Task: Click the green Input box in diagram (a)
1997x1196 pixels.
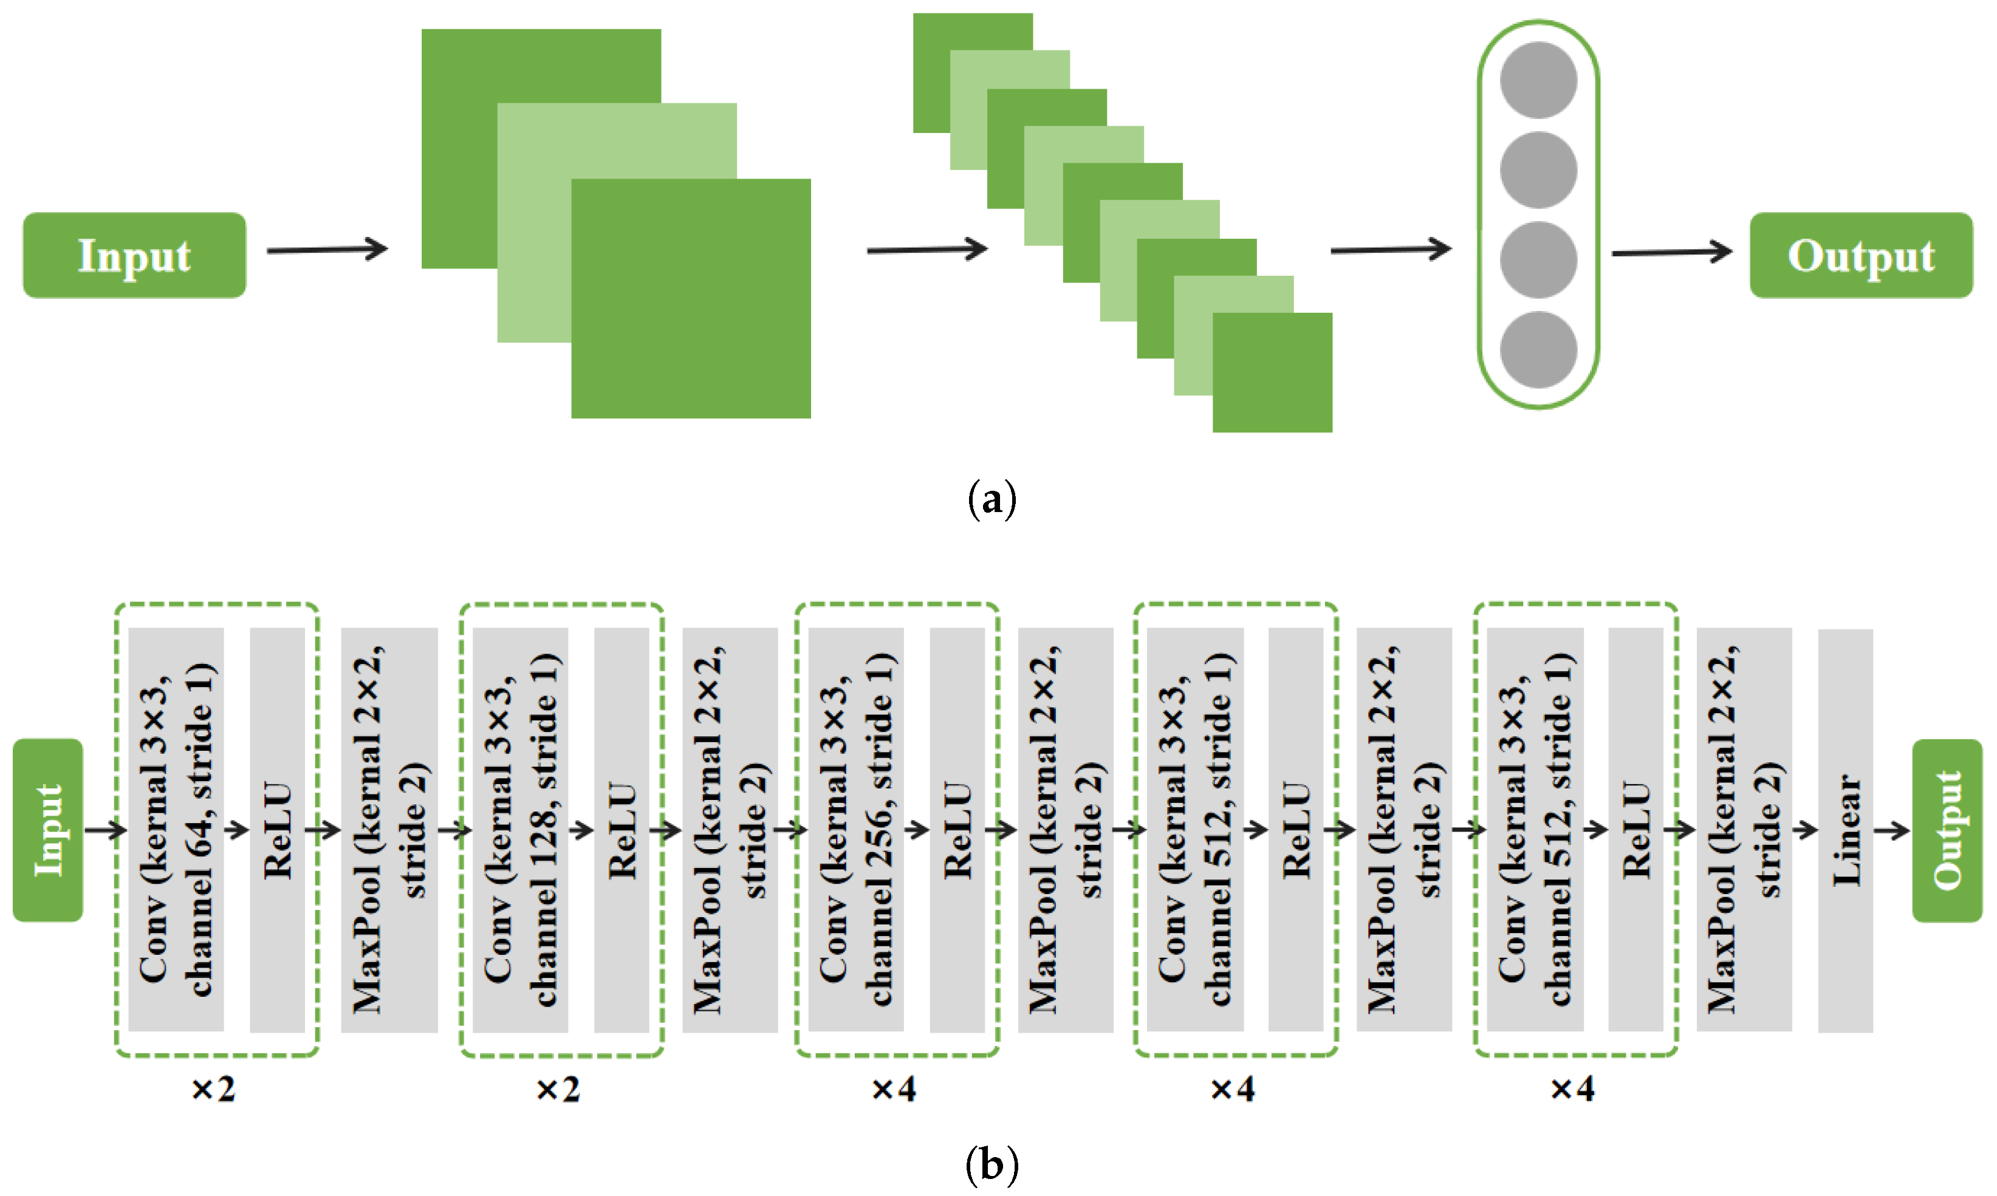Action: [134, 256]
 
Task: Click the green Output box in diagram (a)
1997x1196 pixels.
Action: [1861, 256]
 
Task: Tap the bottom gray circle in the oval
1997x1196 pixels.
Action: [1538, 350]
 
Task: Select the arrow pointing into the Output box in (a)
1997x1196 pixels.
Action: [1671, 252]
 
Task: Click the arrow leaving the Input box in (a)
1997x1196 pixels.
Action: [327, 250]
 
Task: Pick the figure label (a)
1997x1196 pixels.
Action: [992, 500]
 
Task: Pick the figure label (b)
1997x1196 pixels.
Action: [992, 1164]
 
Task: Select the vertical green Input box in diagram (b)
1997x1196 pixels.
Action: [47, 830]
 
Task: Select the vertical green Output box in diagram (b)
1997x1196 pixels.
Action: [1947, 830]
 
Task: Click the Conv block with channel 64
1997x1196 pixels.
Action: [176, 830]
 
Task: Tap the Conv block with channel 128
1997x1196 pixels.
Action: [520, 830]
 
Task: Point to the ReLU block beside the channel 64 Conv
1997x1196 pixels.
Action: [277, 830]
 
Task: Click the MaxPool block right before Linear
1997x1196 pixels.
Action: [1744, 830]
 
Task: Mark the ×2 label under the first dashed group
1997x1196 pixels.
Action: [214, 1090]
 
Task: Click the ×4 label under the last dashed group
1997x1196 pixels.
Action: [1572, 1090]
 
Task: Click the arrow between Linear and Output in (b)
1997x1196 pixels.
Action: [1891, 830]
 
